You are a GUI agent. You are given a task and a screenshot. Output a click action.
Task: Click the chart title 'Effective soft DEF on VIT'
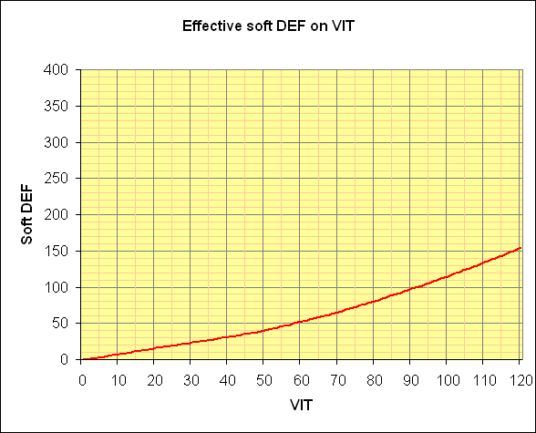tap(268, 26)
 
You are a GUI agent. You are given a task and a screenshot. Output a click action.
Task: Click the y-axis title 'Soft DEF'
tap(30, 214)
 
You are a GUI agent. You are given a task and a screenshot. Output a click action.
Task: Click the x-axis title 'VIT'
tap(301, 402)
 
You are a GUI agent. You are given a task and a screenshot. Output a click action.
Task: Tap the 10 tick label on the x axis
tap(118, 376)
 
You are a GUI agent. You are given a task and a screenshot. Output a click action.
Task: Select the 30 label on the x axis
tap(191, 376)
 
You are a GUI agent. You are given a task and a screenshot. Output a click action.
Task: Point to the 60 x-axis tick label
tap(300, 376)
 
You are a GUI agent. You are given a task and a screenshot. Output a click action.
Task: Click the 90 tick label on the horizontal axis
tap(409, 376)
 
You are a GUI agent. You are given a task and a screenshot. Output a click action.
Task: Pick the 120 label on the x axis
tap(518, 376)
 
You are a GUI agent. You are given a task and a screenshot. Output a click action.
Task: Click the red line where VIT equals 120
tap(519, 248)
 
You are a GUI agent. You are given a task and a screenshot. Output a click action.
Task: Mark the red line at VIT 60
tap(300, 322)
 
